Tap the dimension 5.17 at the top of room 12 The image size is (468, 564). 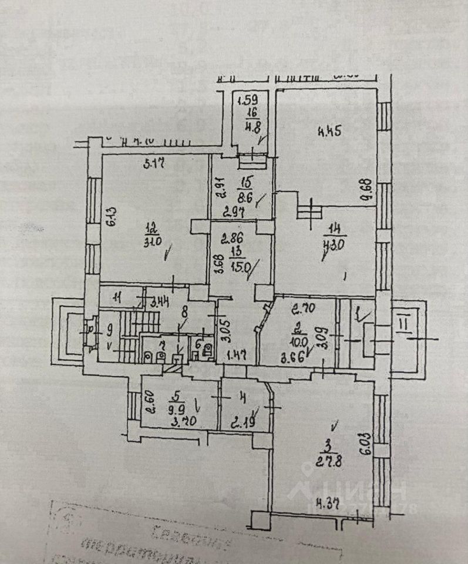[149, 165]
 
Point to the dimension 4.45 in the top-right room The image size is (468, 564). [331, 131]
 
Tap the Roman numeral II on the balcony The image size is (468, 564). [403, 324]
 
